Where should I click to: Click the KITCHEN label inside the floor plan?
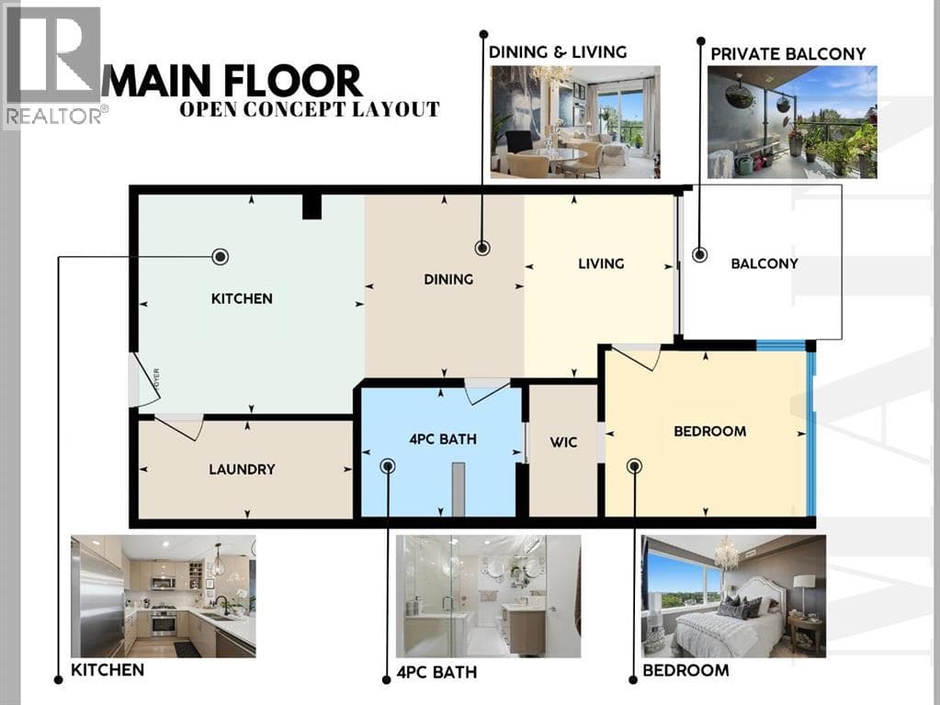click(x=242, y=298)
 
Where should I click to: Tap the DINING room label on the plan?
click(x=448, y=279)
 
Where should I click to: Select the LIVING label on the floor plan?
click(x=601, y=263)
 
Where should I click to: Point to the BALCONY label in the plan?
click(x=764, y=263)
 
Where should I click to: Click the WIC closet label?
click(x=563, y=442)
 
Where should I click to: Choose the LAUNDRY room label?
click(x=243, y=469)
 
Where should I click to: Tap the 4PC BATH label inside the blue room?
click(x=443, y=439)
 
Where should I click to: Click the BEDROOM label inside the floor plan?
click(x=709, y=431)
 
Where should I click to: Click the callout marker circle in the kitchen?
click(x=221, y=257)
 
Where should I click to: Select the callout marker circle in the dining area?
click(x=482, y=247)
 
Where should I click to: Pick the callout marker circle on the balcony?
click(x=699, y=254)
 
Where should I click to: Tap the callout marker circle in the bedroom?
click(x=634, y=466)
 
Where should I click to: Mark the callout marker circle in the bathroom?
click(x=388, y=466)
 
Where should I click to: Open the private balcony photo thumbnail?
click(x=792, y=122)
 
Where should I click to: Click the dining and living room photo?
click(x=575, y=122)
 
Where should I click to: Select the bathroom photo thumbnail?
click(x=488, y=596)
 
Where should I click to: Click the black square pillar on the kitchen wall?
click(x=311, y=207)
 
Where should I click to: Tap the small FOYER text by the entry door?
click(x=156, y=380)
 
